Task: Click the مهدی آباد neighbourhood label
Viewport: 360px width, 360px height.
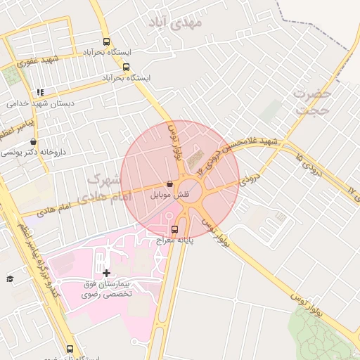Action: [176, 22]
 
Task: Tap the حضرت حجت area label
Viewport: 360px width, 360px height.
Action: [312, 101]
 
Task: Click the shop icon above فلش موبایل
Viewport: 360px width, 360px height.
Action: [169, 184]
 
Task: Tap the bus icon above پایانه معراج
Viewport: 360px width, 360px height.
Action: [174, 229]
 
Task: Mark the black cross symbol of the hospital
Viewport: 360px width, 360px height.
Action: [106, 273]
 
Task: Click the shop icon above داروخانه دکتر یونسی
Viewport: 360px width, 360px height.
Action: [34, 141]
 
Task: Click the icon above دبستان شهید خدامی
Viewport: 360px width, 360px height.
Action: [41, 92]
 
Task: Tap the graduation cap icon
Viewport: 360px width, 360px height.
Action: [10, 279]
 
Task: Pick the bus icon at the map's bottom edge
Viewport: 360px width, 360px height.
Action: [69, 349]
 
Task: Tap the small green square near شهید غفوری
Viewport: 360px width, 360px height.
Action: [11, 75]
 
